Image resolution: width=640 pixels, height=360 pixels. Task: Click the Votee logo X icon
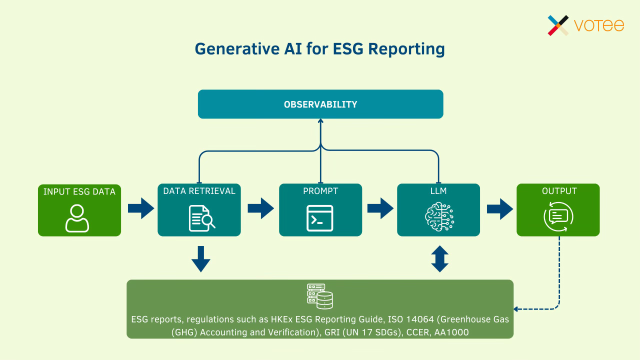point(558,25)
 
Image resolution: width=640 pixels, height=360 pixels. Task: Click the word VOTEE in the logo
point(599,25)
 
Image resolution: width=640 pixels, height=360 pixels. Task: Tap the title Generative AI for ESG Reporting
point(319,49)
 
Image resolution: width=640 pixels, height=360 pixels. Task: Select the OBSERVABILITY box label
point(320,104)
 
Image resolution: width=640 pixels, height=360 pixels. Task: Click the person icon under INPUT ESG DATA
point(77,218)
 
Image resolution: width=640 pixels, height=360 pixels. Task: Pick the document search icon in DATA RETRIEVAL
point(201,218)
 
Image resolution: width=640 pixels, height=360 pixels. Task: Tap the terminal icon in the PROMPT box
point(319,218)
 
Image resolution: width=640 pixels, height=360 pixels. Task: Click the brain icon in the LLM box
point(439,218)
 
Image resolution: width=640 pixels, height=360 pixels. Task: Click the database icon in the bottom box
point(320,296)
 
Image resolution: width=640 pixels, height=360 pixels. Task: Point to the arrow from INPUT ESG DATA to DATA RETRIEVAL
point(140,208)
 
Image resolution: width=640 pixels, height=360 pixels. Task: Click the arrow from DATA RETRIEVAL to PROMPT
point(260,208)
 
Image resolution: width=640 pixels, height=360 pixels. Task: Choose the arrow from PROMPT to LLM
point(380,208)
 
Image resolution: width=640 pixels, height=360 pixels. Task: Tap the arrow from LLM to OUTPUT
point(499,208)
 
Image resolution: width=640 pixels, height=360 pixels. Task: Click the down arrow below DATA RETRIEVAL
point(200,259)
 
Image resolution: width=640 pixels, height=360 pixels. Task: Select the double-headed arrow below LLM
point(439,259)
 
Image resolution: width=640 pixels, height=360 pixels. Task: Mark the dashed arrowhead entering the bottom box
point(517,309)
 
